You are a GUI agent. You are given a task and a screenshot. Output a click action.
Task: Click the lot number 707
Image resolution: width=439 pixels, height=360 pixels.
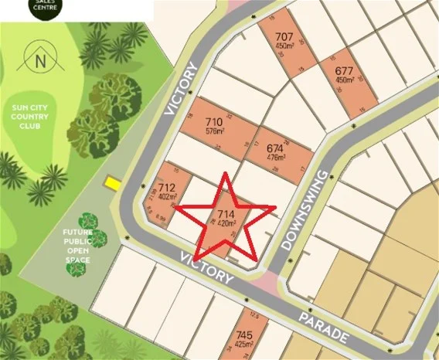(x=284, y=37)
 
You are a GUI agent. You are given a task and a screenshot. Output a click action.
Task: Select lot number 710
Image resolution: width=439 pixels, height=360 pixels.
(x=214, y=122)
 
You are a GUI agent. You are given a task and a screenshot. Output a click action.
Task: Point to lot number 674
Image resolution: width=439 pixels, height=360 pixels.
(x=275, y=148)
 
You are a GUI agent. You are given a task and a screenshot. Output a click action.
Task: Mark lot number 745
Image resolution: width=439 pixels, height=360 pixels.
(x=244, y=335)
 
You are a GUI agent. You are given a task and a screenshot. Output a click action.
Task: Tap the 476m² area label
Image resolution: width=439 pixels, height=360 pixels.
(x=275, y=157)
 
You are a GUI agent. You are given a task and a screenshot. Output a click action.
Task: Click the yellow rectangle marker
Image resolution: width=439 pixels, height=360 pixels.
(x=112, y=183)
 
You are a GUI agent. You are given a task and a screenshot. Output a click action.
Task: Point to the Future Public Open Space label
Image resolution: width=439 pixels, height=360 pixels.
(x=77, y=246)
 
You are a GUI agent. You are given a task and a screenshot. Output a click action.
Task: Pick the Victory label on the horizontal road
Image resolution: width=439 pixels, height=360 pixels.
(x=205, y=266)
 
